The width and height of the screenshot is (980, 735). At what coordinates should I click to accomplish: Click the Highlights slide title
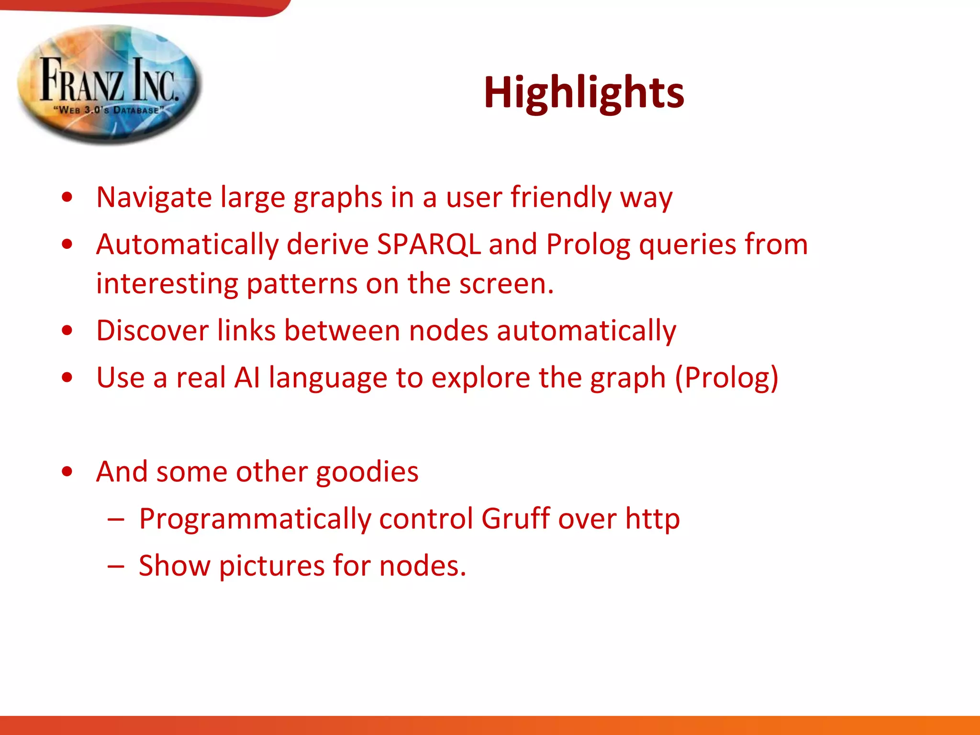pyautogui.click(x=584, y=92)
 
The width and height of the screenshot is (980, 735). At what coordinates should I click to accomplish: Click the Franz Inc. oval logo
pyautogui.click(x=109, y=85)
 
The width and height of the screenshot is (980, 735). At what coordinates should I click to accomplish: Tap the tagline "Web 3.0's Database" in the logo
pyautogui.click(x=109, y=110)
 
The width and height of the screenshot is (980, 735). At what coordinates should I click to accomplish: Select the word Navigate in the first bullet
pyautogui.click(x=154, y=198)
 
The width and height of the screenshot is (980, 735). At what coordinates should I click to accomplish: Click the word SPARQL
pyautogui.click(x=428, y=245)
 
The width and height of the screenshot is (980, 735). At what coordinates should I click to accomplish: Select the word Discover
pyautogui.click(x=152, y=331)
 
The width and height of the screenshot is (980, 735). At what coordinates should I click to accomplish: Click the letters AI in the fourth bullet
pyautogui.click(x=247, y=378)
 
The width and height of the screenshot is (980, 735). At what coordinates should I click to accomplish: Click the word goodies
pyautogui.click(x=367, y=472)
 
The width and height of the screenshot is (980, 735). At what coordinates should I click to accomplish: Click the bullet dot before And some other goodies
pyautogui.click(x=67, y=472)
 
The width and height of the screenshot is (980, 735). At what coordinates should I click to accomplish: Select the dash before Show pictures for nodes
pyautogui.click(x=116, y=567)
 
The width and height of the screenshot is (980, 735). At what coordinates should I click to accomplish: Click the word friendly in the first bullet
pyautogui.click(x=561, y=198)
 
